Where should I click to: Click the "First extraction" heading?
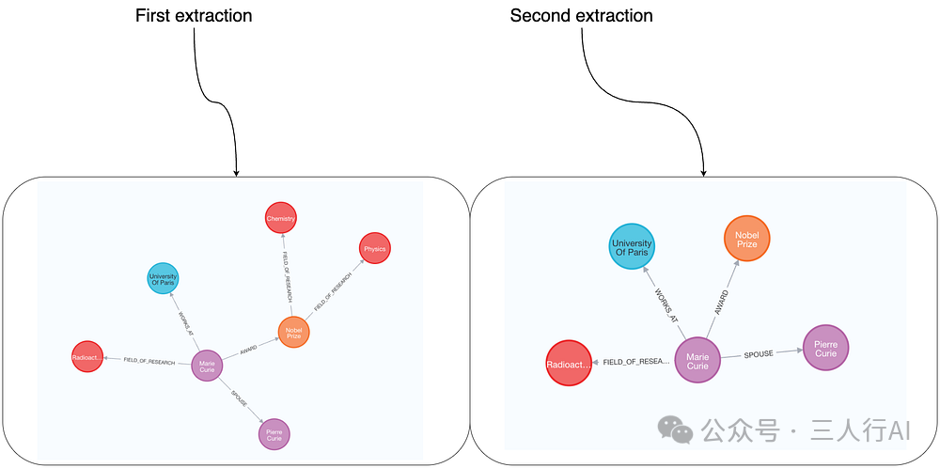194,16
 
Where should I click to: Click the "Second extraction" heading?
581,16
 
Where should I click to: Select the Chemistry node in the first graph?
281,218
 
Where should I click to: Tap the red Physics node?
374,249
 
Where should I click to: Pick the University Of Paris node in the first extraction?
163,278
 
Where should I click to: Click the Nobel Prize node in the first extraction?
293,332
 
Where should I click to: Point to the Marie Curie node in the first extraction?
207,366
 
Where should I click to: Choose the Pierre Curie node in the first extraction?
274,434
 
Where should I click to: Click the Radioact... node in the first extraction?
86,357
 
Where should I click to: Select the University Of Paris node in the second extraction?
632,247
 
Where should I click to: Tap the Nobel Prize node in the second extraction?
746,239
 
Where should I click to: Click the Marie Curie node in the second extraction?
697,360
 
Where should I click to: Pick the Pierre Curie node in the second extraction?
825,348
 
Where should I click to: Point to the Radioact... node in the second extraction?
569,363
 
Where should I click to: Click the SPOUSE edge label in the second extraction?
759,354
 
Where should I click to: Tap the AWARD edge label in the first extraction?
248,349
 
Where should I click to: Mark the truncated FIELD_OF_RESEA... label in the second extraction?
635,362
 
